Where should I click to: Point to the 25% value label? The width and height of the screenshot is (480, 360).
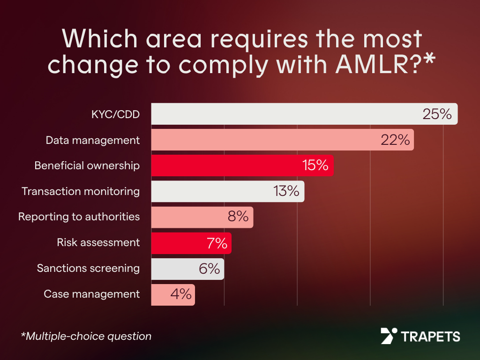tap(436, 114)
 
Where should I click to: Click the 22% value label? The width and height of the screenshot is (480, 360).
tap(395, 140)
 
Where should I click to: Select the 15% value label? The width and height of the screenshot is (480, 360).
tap(315, 165)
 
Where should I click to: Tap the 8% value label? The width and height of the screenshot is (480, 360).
tap(238, 217)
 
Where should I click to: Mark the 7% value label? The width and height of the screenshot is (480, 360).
tap(217, 243)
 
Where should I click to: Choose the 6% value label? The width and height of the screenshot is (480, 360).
tap(210, 269)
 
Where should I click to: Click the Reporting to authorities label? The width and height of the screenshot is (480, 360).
tap(79, 217)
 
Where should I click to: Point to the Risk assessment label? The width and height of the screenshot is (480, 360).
tap(98, 242)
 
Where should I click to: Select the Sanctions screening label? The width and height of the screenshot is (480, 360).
tap(88, 268)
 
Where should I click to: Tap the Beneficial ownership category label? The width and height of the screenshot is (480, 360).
tap(87, 165)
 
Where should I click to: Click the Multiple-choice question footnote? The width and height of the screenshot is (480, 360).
tap(86, 336)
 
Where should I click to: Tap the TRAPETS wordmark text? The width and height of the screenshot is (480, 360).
tap(430, 336)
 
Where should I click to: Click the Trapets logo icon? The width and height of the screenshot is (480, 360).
tap(389, 336)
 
